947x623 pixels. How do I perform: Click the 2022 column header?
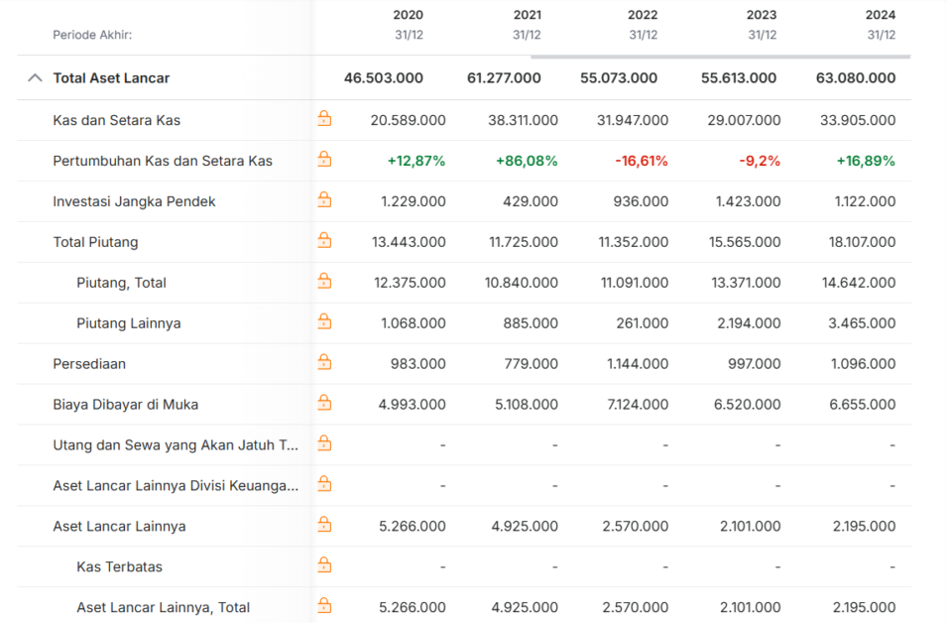642,15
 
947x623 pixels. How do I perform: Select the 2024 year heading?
880,15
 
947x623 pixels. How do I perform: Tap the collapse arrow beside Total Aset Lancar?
35,78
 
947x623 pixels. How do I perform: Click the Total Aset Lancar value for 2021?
504,78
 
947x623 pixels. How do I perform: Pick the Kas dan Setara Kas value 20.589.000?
409,120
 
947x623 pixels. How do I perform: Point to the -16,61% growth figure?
642,161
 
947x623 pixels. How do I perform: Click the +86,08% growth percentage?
527,161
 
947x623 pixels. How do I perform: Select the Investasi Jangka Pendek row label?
134,201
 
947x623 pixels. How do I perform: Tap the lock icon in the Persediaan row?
324,362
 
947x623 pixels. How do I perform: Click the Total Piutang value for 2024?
862,242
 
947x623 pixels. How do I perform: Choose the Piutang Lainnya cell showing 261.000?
642,323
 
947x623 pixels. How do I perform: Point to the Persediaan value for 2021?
531,364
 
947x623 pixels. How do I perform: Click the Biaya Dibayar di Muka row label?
126,404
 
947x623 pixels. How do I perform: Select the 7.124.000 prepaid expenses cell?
638,404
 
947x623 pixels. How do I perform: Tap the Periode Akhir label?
92,35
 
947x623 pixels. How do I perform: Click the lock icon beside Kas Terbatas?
324,565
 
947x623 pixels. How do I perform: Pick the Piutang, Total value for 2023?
746,283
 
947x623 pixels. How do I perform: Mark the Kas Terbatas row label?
120,566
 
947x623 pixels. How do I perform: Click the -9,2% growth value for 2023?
760,161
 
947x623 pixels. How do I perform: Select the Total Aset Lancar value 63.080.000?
856,78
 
